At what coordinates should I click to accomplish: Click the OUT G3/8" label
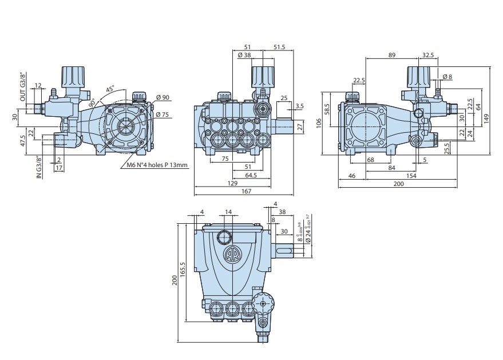coord(23,88)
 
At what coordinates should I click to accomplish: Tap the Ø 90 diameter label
coord(163,98)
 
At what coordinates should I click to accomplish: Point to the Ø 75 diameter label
coord(163,114)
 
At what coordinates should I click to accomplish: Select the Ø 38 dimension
coord(244,56)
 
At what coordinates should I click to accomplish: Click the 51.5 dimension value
coord(280,47)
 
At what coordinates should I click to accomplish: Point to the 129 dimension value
coord(232,183)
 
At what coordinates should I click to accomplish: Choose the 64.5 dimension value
coord(251,175)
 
